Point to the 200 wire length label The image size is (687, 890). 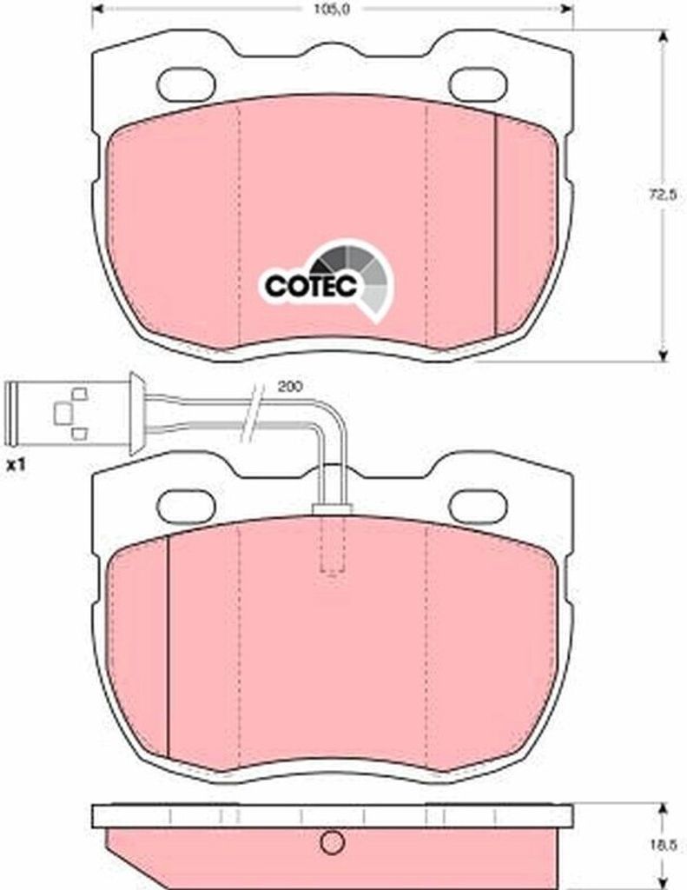pos(290,387)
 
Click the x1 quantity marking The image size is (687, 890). pos(16,466)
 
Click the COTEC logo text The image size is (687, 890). pos(311,286)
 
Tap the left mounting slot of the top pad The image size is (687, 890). pos(186,85)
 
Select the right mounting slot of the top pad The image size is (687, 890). pos(478,85)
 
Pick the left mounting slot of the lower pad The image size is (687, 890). pos(186,507)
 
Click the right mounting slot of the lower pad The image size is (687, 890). pos(478,507)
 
